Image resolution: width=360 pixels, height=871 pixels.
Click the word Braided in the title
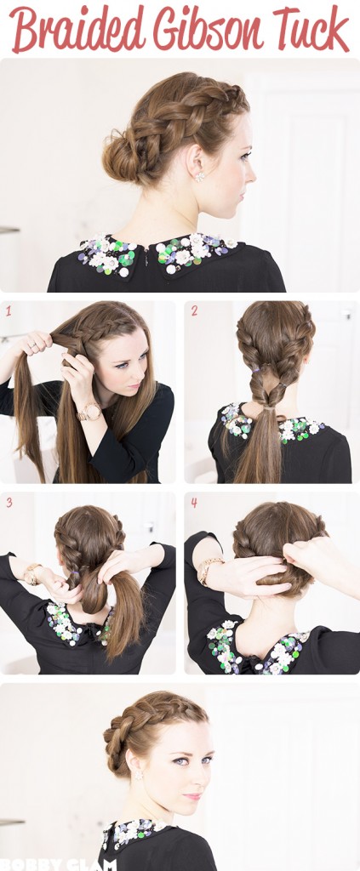pos(77,29)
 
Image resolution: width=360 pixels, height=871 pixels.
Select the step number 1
pos(9,310)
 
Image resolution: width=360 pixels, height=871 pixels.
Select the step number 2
pos(194,310)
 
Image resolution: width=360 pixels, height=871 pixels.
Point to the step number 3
pos(9,503)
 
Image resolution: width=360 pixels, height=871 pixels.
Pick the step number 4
pos(194,503)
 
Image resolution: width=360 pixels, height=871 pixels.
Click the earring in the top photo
pos(200,176)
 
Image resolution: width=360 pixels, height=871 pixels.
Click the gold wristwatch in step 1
pos(89,413)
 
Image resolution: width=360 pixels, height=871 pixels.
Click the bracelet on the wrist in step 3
pos(33,572)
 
